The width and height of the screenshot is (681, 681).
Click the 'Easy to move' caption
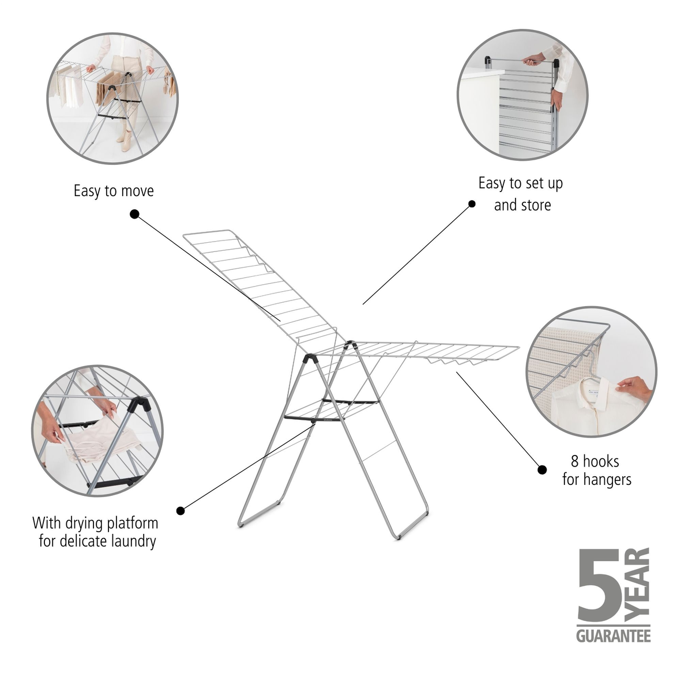(114, 191)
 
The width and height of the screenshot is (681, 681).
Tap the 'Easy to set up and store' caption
(521, 194)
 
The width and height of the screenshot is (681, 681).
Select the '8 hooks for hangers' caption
(596, 470)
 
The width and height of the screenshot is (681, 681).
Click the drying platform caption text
(96, 532)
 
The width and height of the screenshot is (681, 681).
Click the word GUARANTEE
(613, 636)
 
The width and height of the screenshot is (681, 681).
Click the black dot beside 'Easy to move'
(134, 214)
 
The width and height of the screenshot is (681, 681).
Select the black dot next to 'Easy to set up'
(472, 204)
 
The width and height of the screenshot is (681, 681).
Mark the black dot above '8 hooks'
(542, 469)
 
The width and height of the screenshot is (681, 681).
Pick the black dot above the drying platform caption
(180, 510)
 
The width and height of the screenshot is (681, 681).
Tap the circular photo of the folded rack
(522, 95)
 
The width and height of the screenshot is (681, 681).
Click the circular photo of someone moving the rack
(112, 98)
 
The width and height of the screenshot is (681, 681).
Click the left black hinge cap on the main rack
(310, 359)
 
